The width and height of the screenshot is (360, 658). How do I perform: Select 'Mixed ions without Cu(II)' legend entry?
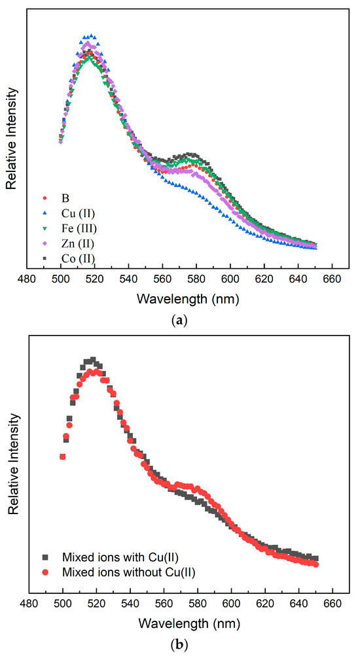(112, 572)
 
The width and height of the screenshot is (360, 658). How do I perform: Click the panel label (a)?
(179, 320)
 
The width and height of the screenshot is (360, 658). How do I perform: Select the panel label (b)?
(179, 646)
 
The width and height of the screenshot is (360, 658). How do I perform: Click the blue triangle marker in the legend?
(44, 212)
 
